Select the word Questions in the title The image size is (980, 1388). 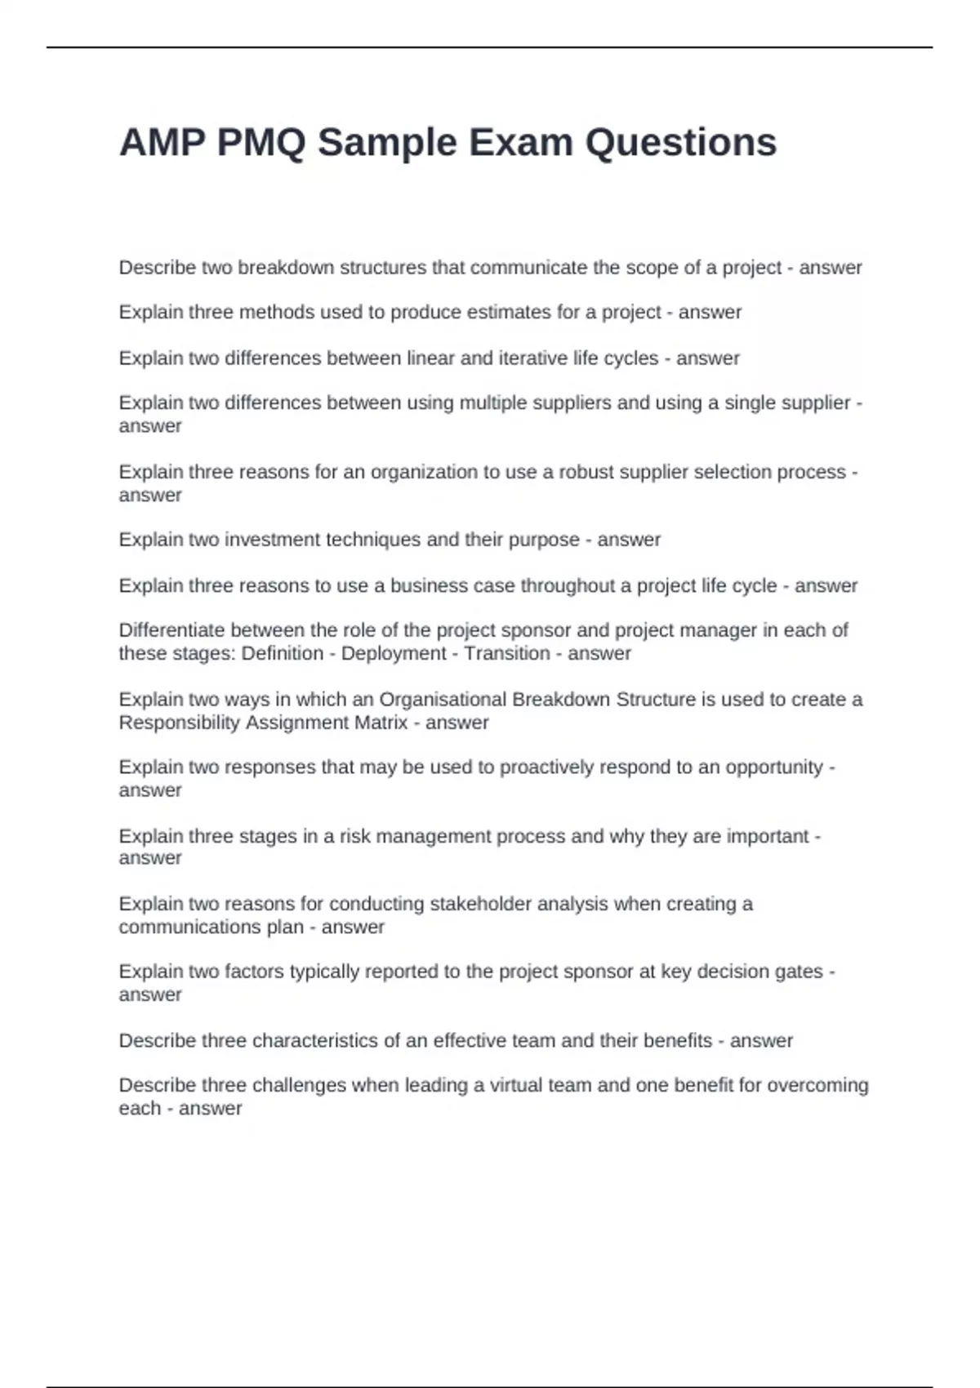coord(680,143)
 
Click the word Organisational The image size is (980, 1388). coord(443,700)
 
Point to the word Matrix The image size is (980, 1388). coord(381,723)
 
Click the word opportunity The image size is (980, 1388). coord(774,767)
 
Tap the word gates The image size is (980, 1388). coord(800,972)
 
